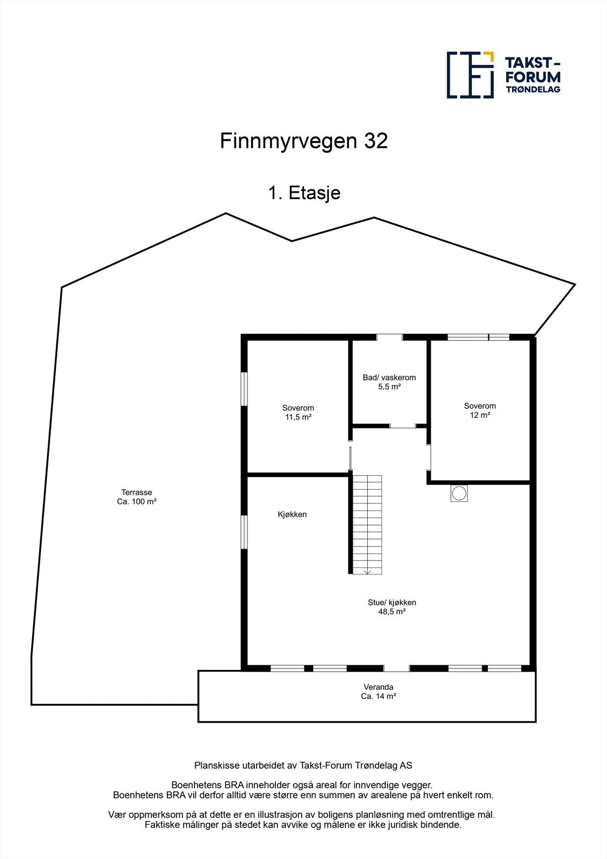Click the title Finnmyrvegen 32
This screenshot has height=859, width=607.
coord(303,141)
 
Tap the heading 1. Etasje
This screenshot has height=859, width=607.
coord(304,192)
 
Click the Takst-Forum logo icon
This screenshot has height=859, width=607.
coord(470,75)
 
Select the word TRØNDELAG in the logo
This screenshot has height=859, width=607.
coord(533,90)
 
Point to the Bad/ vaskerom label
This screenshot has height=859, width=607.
coord(389,377)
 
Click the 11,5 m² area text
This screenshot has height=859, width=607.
coord(298,417)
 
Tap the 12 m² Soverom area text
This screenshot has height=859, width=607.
coord(480,415)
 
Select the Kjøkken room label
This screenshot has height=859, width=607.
coord(292,514)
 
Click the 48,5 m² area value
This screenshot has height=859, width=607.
coord(392,612)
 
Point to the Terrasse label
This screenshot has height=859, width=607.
coord(136,492)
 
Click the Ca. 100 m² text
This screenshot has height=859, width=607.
coord(136,502)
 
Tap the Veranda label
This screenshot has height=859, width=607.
coord(378,687)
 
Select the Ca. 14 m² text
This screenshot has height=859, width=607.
coord(378,696)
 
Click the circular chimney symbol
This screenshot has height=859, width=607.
coord(459,493)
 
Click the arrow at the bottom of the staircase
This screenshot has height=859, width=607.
coord(367,572)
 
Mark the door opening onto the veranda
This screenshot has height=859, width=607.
coord(397,668)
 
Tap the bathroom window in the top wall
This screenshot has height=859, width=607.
coord(389,337)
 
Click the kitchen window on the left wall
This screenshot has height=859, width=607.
coord(244,532)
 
